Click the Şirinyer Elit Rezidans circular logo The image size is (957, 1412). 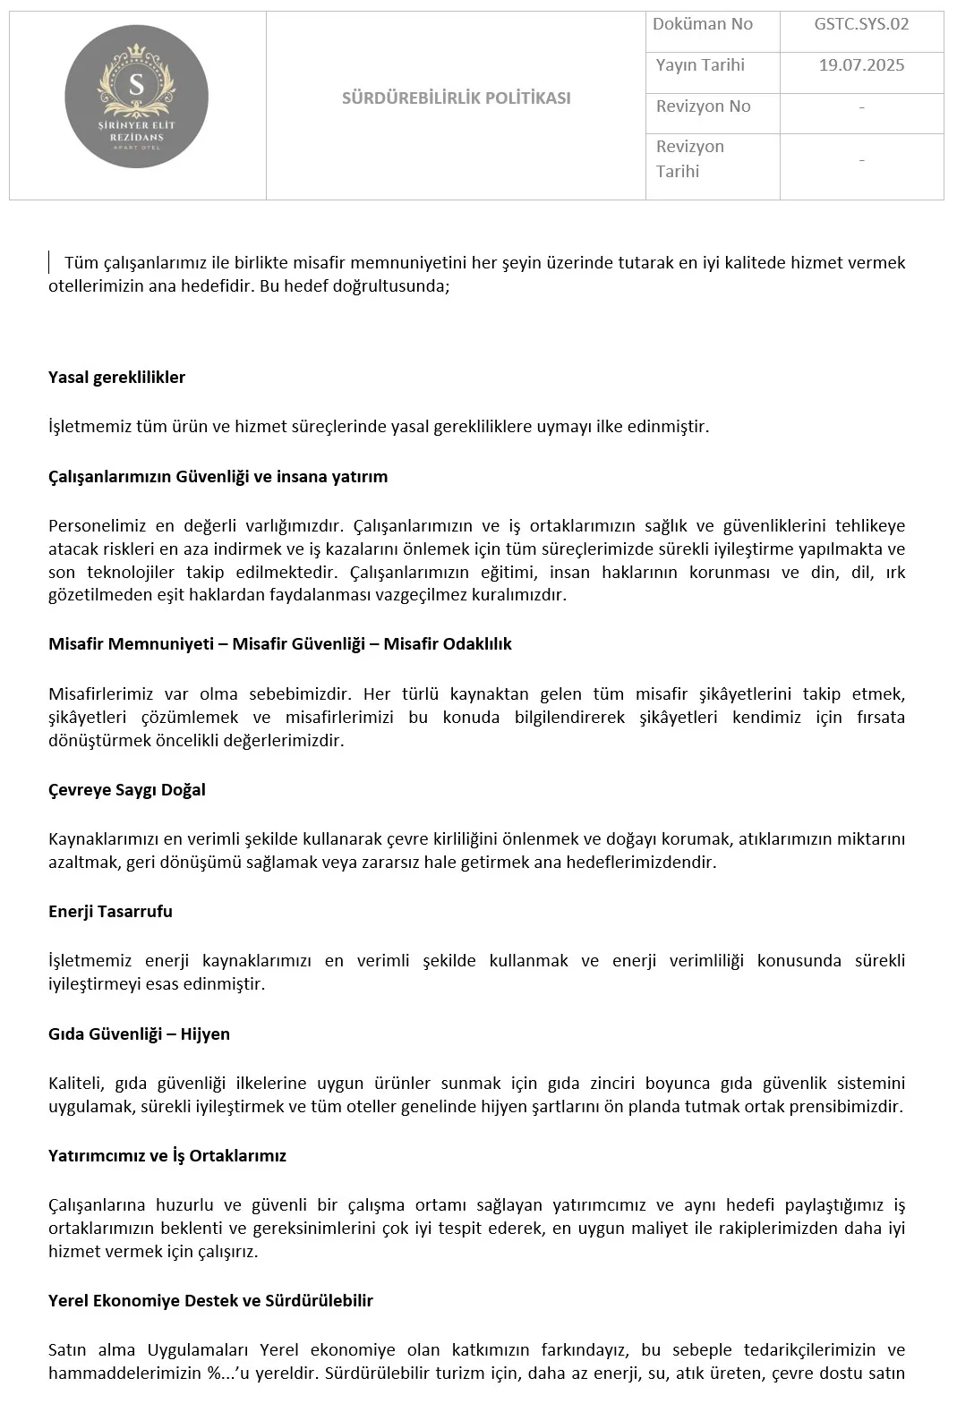tap(137, 97)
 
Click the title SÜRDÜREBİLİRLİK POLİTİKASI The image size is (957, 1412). tap(456, 98)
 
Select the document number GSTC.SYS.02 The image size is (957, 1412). tap(861, 24)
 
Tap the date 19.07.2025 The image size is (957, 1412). tap(861, 65)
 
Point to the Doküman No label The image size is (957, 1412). tap(703, 24)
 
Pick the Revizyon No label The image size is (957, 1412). tap(703, 106)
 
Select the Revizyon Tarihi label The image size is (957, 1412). tap(690, 158)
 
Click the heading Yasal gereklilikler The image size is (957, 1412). tap(116, 377)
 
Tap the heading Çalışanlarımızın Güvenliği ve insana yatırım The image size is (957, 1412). tap(218, 476)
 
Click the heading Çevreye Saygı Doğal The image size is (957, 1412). tap(127, 789)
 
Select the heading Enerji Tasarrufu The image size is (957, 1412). tap(110, 911)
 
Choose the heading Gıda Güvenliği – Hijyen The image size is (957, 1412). tap(139, 1033)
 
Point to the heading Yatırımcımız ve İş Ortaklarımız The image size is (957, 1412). tap(167, 1155)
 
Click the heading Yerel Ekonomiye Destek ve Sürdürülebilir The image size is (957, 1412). tap(210, 1300)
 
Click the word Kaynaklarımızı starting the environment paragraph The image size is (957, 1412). tap(104, 838)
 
